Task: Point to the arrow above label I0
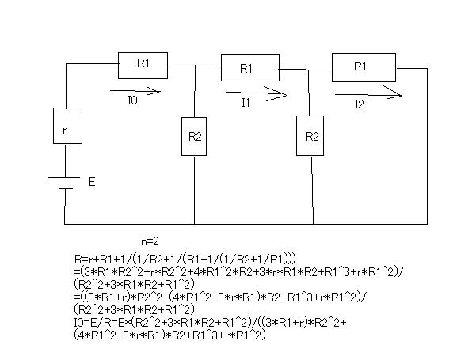coord(135,91)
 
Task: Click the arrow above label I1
coord(257,93)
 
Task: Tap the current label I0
coord(132,100)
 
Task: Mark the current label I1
coord(246,103)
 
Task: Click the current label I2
coord(360,104)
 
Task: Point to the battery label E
coord(92,182)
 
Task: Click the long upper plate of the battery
coord(64,177)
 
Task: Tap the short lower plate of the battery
coord(66,189)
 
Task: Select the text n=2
coord(150,241)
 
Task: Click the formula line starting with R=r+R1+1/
coord(185,259)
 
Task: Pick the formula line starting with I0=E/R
coord(210,323)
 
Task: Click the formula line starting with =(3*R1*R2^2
coord(239,271)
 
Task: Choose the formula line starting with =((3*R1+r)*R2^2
coord(220,297)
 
